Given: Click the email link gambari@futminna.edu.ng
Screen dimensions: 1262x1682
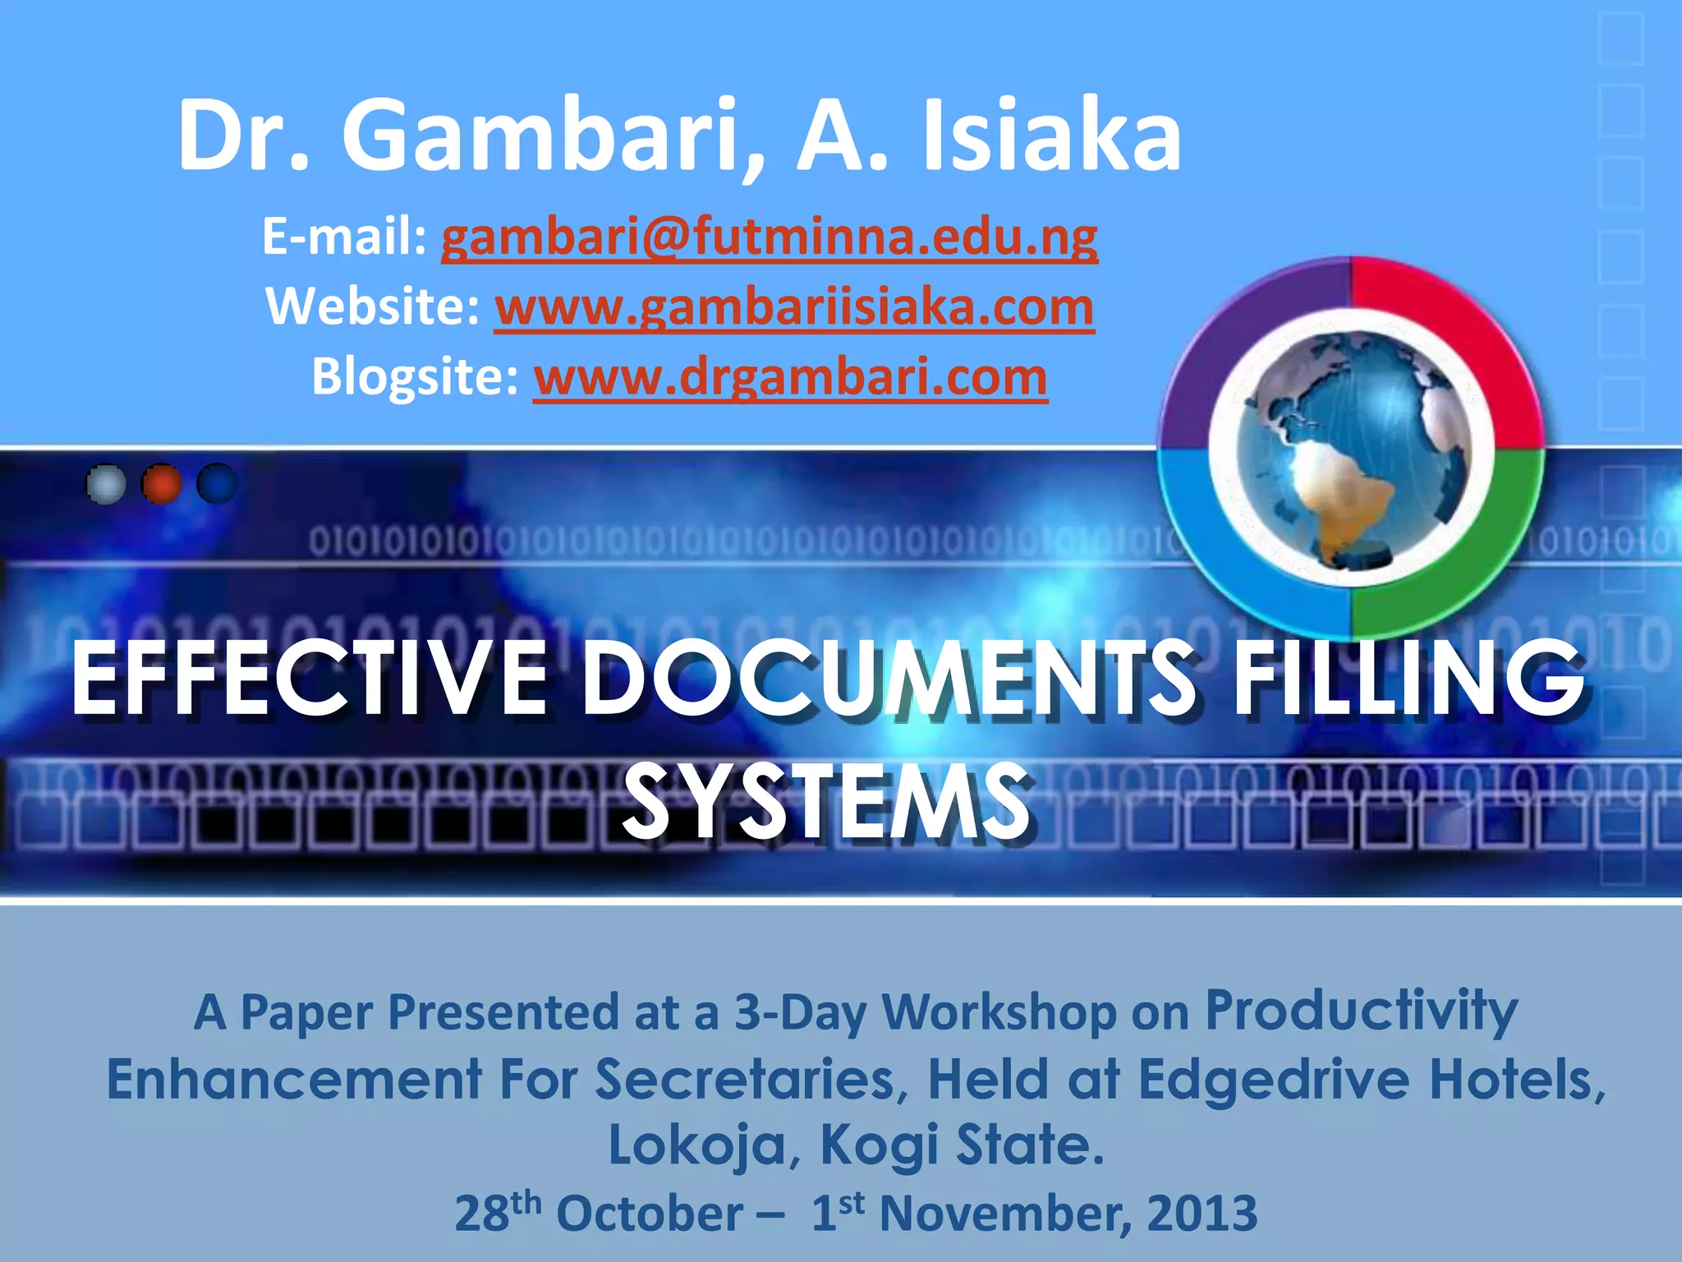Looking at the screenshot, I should [x=770, y=238].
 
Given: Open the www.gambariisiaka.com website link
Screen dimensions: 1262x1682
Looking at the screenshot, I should [x=794, y=307].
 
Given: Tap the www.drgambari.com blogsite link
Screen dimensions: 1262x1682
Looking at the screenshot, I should [x=790, y=377].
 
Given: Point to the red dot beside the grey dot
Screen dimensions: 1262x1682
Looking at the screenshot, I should [x=162, y=484].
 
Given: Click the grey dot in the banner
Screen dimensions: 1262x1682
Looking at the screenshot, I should [x=106, y=484].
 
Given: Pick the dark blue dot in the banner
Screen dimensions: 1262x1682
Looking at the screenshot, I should [x=217, y=484].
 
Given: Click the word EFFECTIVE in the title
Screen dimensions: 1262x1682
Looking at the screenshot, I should [x=309, y=679].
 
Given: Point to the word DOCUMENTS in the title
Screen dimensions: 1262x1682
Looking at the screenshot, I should [x=888, y=679].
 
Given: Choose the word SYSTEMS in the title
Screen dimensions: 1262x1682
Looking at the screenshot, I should [x=825, y=800].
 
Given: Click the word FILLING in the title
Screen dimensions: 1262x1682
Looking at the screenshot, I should [x=1409, y=679].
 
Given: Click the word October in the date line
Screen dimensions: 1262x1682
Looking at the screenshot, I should [x=649, y=1214].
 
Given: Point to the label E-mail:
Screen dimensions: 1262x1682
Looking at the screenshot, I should [x=344, y=238].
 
